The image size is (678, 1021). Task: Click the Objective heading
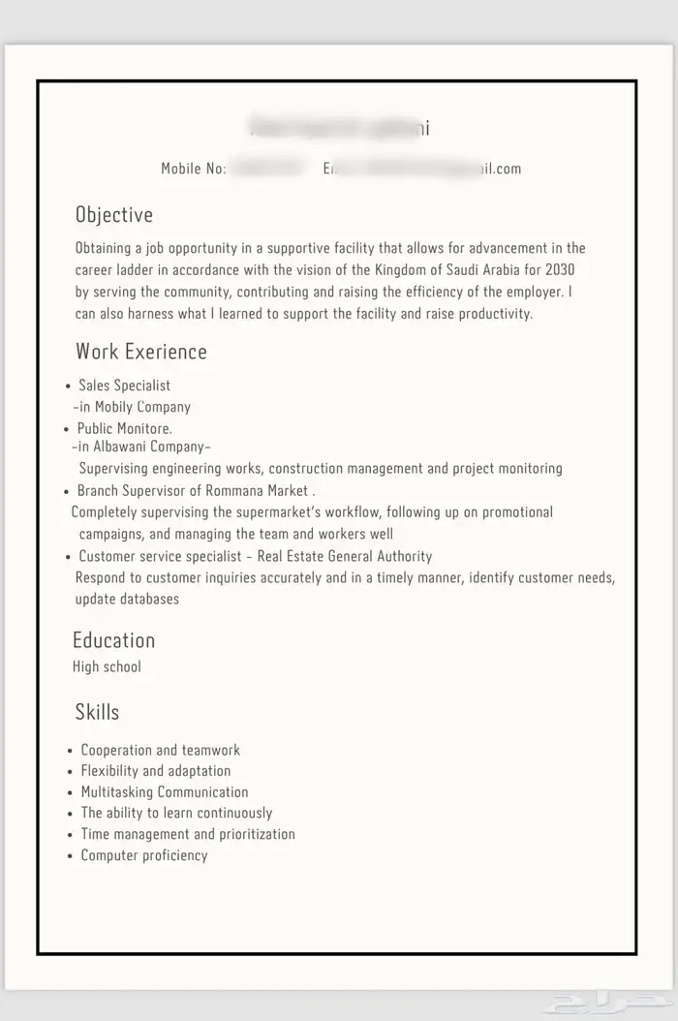pos(114,215)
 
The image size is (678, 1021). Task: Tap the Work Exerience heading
pos(141,351)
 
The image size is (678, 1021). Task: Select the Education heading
pos(113,640)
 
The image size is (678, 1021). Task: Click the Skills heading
pos(97,712)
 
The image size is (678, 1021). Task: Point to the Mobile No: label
pos(194,169)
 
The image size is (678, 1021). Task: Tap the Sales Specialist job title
pos(124,386)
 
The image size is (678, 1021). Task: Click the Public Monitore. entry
pos(124,428)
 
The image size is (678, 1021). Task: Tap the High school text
pos(107,666)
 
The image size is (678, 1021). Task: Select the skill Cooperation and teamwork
pos(161,750)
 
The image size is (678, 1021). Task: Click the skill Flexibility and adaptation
pos(156,771)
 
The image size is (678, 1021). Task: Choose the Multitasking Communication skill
pos(165,792)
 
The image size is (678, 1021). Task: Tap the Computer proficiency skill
pos(144,855)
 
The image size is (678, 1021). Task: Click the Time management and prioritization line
pos(188,834)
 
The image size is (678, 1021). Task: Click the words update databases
pos(127,599)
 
